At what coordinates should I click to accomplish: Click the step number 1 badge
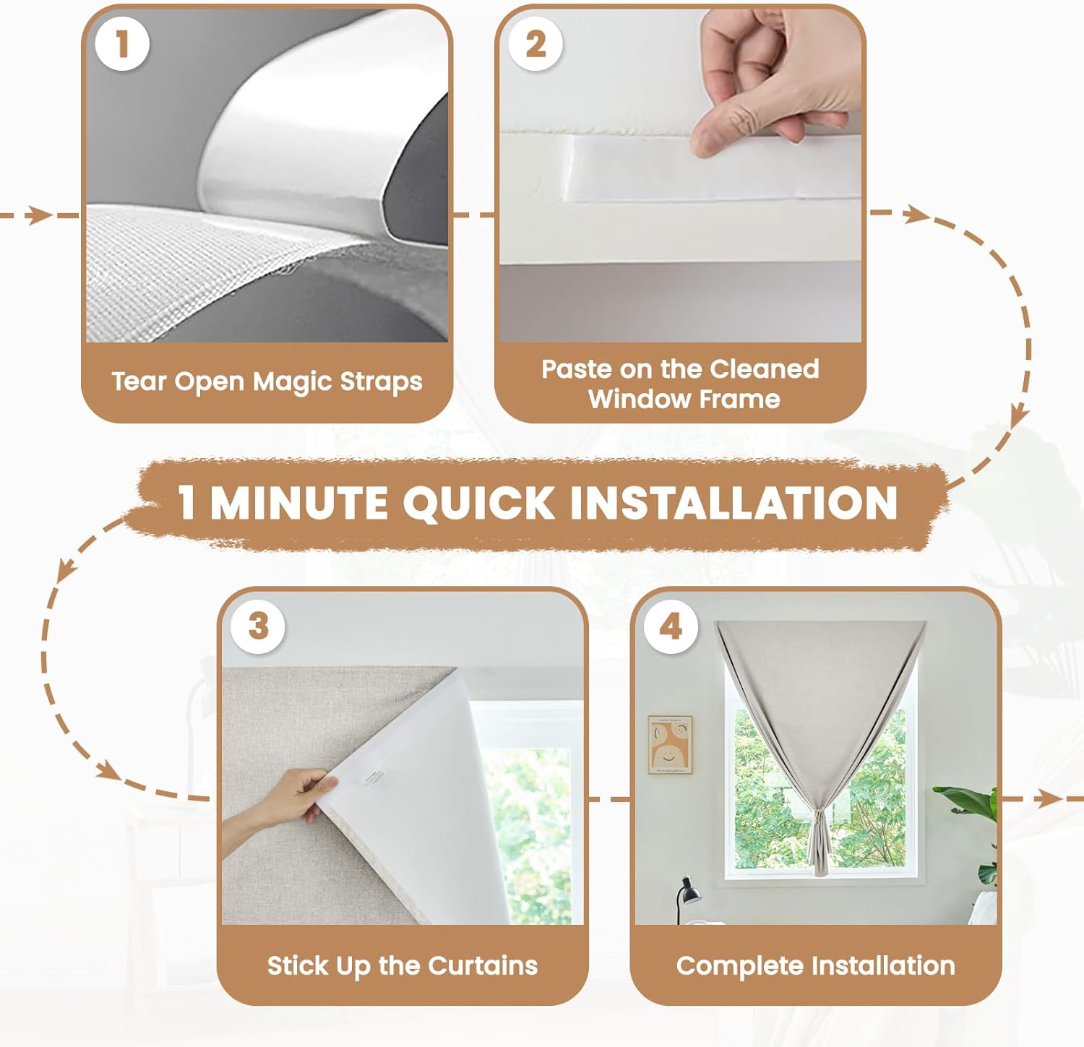point(122,44)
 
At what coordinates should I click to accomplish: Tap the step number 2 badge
point(535,44)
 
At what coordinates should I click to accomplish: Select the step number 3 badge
point(258,626)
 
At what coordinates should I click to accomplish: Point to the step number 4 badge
point(671,626)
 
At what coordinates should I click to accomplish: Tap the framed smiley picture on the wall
point(670,745)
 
